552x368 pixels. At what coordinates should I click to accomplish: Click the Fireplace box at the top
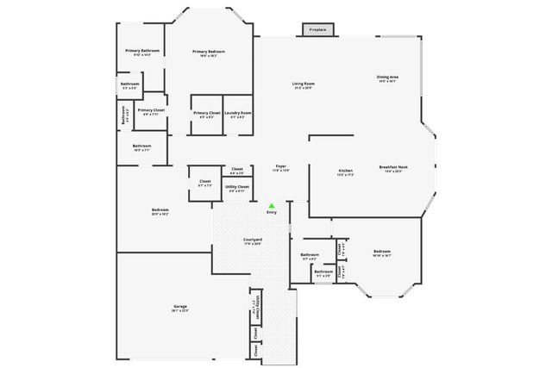pyautogui.click(x=317, y=30)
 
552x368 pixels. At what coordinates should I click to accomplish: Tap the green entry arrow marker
pyautogui.click(x=271, y=206)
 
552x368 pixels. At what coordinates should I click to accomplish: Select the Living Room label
pyautogui.click(x=303, y=84)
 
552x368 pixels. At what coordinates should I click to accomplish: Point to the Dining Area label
pyautogui.click(x=387, y=78)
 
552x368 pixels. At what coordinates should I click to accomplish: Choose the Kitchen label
pyautogui.click(x=346, y=171)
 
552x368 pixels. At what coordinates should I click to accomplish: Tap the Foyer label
pyautogui.click(x=281, y=165)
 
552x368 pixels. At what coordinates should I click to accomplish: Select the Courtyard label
pyautogui.click(x=253, y=240)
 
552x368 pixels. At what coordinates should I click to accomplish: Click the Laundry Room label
pyautogui.click(x=237, y=113)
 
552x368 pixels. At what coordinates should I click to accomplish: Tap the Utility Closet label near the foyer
pyautogui.click(x=237, y=186)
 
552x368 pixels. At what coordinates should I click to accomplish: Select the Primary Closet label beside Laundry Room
pyautogui.click(x=207, y=113)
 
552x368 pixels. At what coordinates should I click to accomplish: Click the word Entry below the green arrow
pyautogui.click(x=271, y=213)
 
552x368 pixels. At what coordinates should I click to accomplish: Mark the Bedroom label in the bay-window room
pyautogui.click(x=382, y=252)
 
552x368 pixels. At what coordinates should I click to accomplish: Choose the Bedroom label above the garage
pyautogui.click(x=160, y=210)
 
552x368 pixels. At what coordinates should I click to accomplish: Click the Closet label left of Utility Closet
pyautogui.click(x=205, y=182)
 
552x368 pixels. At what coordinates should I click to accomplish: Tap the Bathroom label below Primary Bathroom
pyautogui.click(x=131, y=84)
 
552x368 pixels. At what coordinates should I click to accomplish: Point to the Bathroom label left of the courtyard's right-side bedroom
pyautogui.click(x=309, y=254)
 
